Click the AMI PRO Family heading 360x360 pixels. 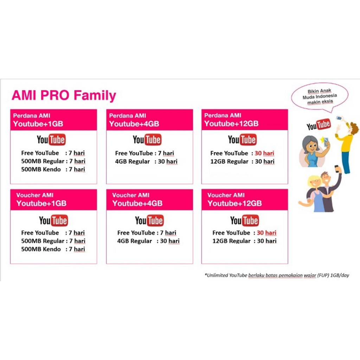(x=64, y=96)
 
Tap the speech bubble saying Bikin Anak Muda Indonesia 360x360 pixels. (x=320, y=96)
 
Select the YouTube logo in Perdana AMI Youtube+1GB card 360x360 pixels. (x=51, y=140)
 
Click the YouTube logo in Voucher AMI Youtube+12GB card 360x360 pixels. (x=245, y=221)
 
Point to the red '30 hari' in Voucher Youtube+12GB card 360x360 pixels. (x=266, y=233)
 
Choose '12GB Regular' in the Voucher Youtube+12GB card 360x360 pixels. (x=231, y=241)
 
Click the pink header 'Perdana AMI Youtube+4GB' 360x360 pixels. (x=149, y=120)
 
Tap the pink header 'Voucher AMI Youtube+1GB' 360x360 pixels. (x=53, y=200)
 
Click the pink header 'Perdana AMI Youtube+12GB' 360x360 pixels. (x=244, y=120)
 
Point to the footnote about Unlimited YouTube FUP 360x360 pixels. (x=277, y=275)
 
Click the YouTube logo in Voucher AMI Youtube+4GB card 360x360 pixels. (x=149, y=221)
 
